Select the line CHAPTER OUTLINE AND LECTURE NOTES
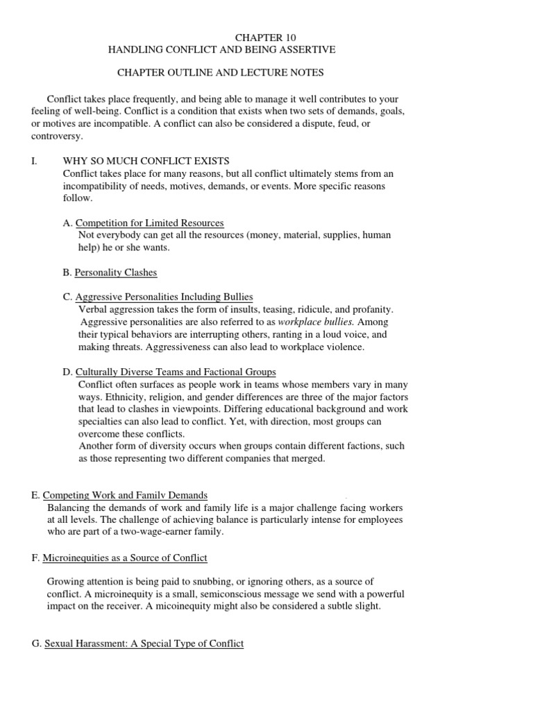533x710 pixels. click(220, 72)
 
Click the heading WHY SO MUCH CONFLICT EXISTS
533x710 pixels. click(146, 161)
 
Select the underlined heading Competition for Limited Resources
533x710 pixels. click(149, 223)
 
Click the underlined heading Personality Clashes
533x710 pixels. click(115, 272)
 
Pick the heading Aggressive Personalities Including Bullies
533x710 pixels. click(164, 297)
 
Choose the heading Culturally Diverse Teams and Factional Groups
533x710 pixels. click(175, 372)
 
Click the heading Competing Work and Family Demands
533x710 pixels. click(125, 495)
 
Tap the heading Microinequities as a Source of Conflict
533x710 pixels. click(125, 557)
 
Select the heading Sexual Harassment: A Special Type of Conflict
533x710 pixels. click(144, 643)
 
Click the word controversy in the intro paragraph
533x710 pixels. click(57, 136)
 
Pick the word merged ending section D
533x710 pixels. click(310, 458)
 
